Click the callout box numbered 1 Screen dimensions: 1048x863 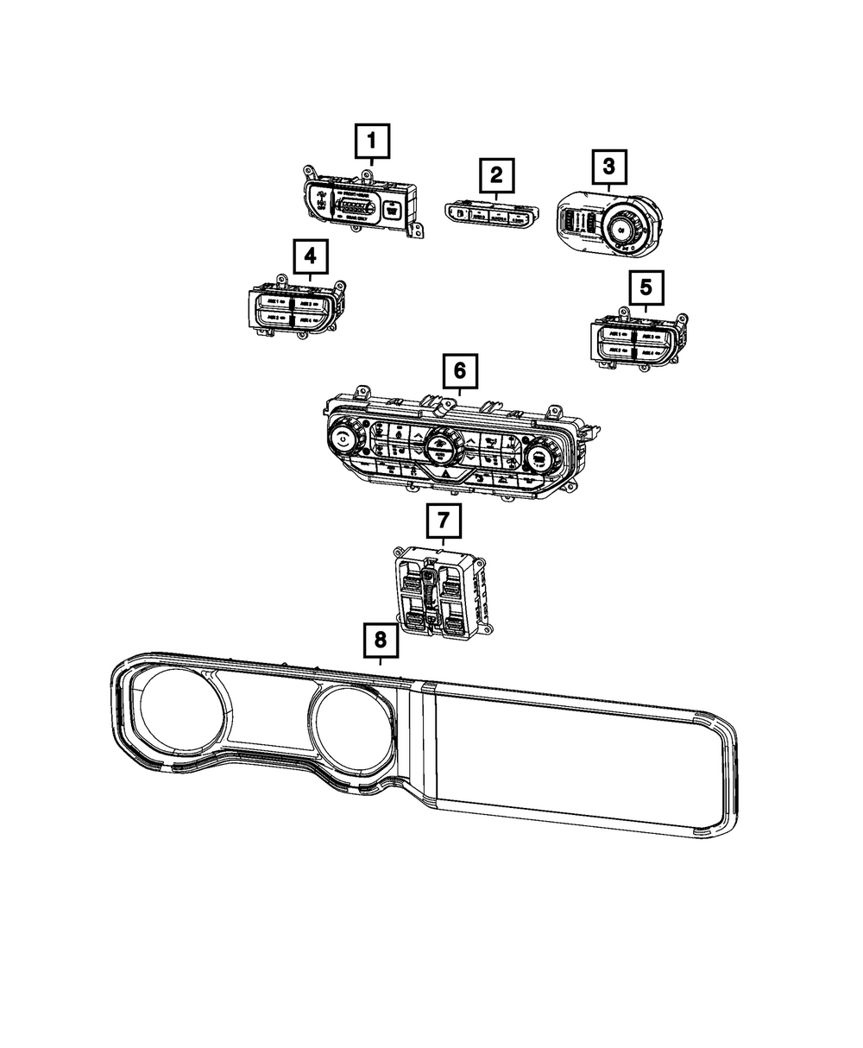[x=372, y=141]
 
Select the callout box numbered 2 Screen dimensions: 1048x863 [x=495, y=176]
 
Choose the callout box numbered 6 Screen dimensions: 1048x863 [x=459, y=372]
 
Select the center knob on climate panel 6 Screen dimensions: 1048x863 [x=441, y=446]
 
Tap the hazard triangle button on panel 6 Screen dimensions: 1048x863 [x=446, y=475]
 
